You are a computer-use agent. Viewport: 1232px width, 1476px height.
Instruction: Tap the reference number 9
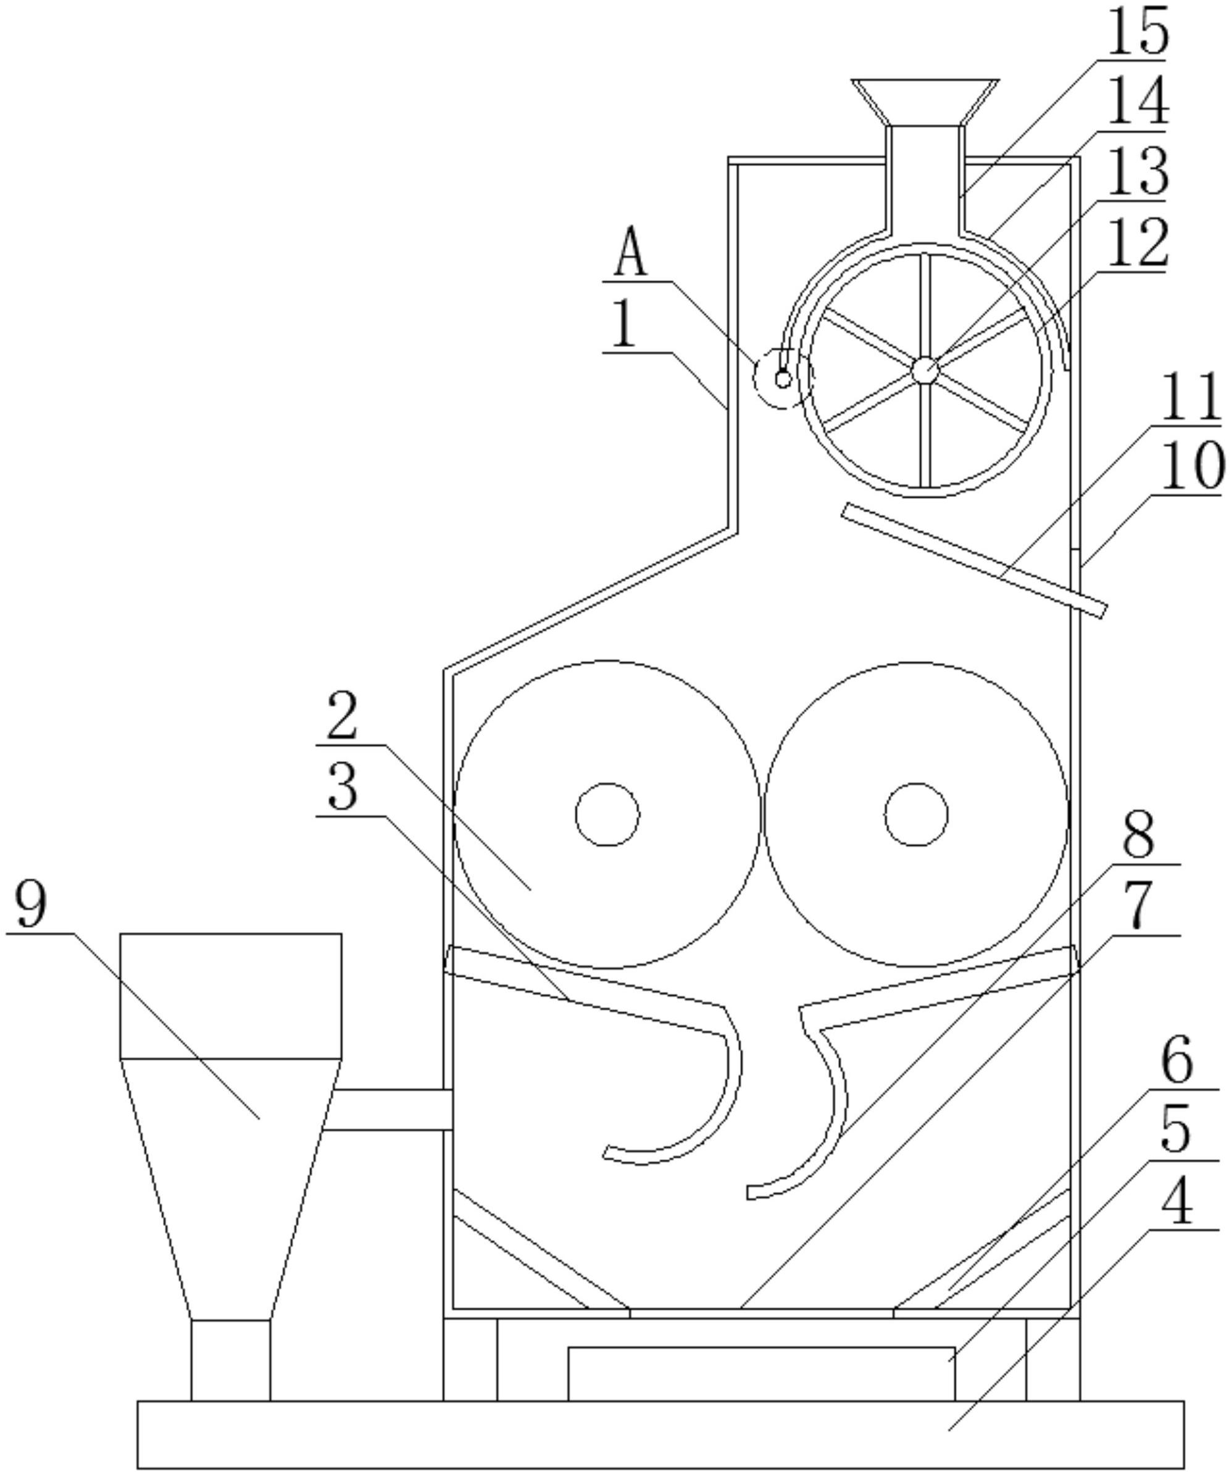coord(31,905)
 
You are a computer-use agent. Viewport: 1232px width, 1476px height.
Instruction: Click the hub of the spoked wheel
coord(924,370)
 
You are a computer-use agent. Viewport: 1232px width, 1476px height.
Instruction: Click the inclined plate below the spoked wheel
coord(973,560)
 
